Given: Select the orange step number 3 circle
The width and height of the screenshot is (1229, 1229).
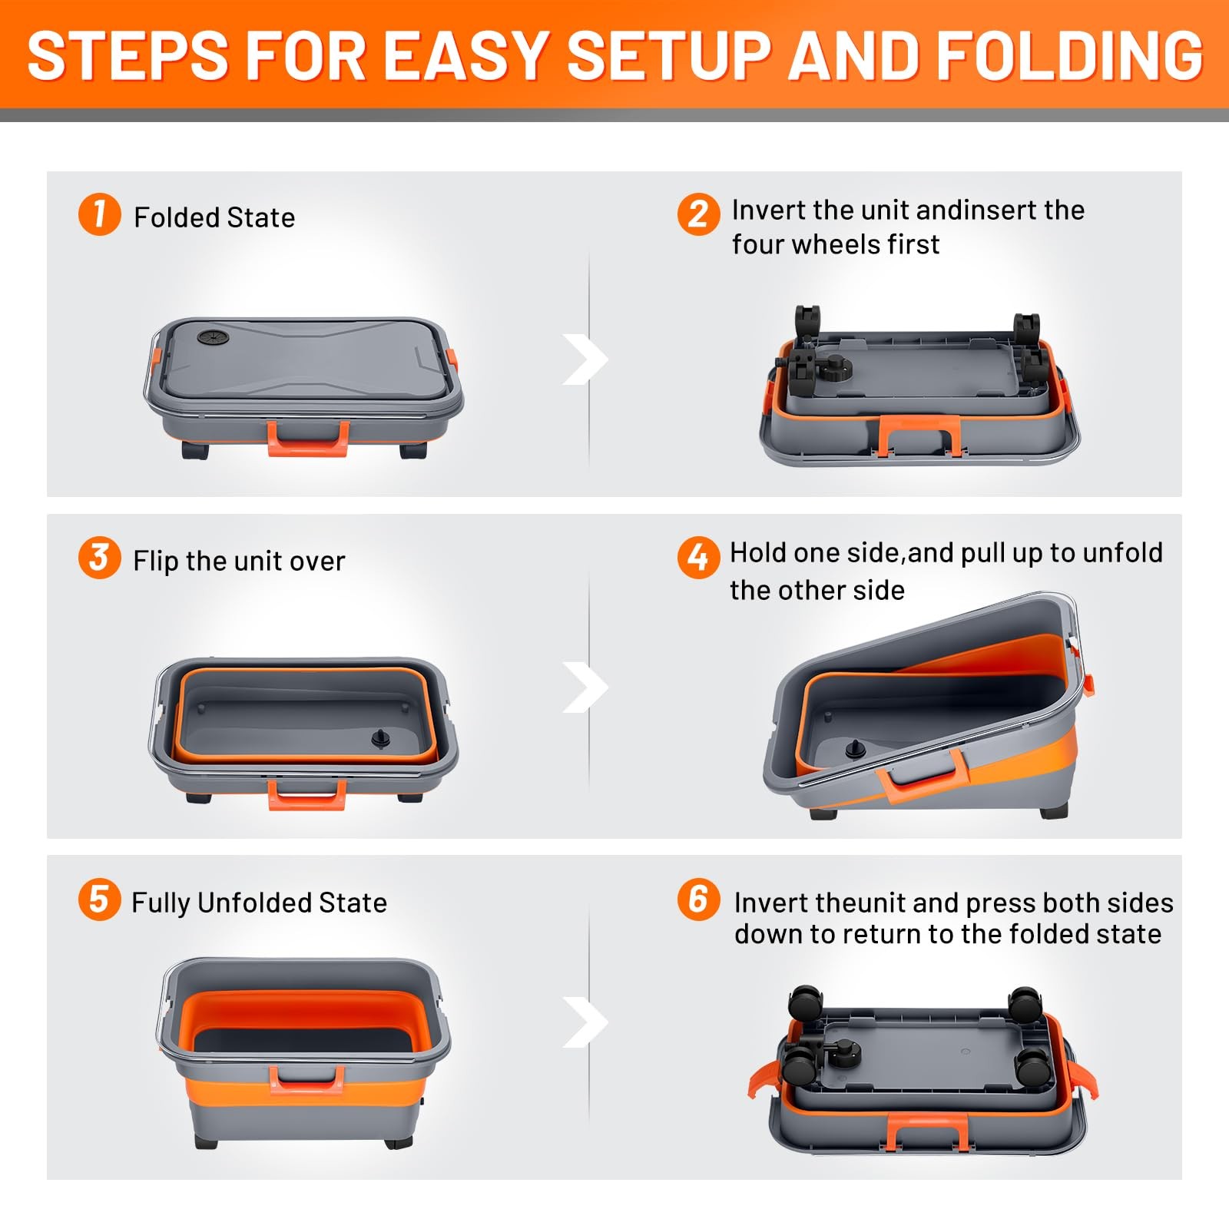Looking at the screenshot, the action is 100,557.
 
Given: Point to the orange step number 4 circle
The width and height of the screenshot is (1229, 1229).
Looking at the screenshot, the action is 698,557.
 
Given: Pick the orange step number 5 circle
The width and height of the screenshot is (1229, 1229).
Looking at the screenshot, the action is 100,899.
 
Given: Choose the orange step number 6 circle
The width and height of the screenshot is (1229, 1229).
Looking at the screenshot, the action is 698,899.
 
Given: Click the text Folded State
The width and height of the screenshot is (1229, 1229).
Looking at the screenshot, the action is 214,217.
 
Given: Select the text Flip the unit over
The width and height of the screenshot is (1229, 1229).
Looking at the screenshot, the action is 239,561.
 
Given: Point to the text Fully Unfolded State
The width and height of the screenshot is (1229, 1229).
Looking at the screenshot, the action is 259,903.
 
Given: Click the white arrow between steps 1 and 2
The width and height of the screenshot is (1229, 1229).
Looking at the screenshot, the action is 586,359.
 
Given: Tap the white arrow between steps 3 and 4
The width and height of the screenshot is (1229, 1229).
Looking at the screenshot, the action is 586,687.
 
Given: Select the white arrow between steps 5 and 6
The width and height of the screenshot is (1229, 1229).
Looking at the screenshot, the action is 586,1022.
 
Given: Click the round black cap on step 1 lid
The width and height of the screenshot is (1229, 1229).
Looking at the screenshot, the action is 209,337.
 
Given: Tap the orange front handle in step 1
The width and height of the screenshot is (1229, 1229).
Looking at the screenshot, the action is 308,439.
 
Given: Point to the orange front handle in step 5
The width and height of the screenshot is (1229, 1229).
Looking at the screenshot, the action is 306,1078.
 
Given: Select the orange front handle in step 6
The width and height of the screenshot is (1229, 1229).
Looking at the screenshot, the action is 924,1132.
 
